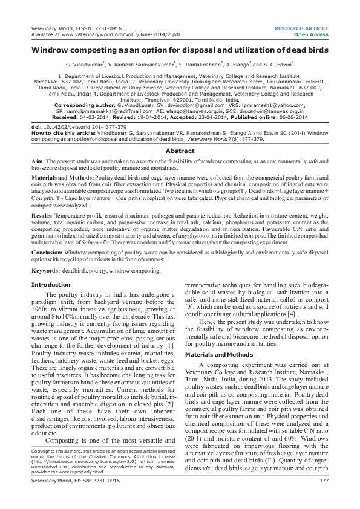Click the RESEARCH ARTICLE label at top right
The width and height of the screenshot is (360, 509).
[301, 28]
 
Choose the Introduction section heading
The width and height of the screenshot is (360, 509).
[51, 284]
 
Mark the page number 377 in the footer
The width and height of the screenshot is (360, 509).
[323, 497]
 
